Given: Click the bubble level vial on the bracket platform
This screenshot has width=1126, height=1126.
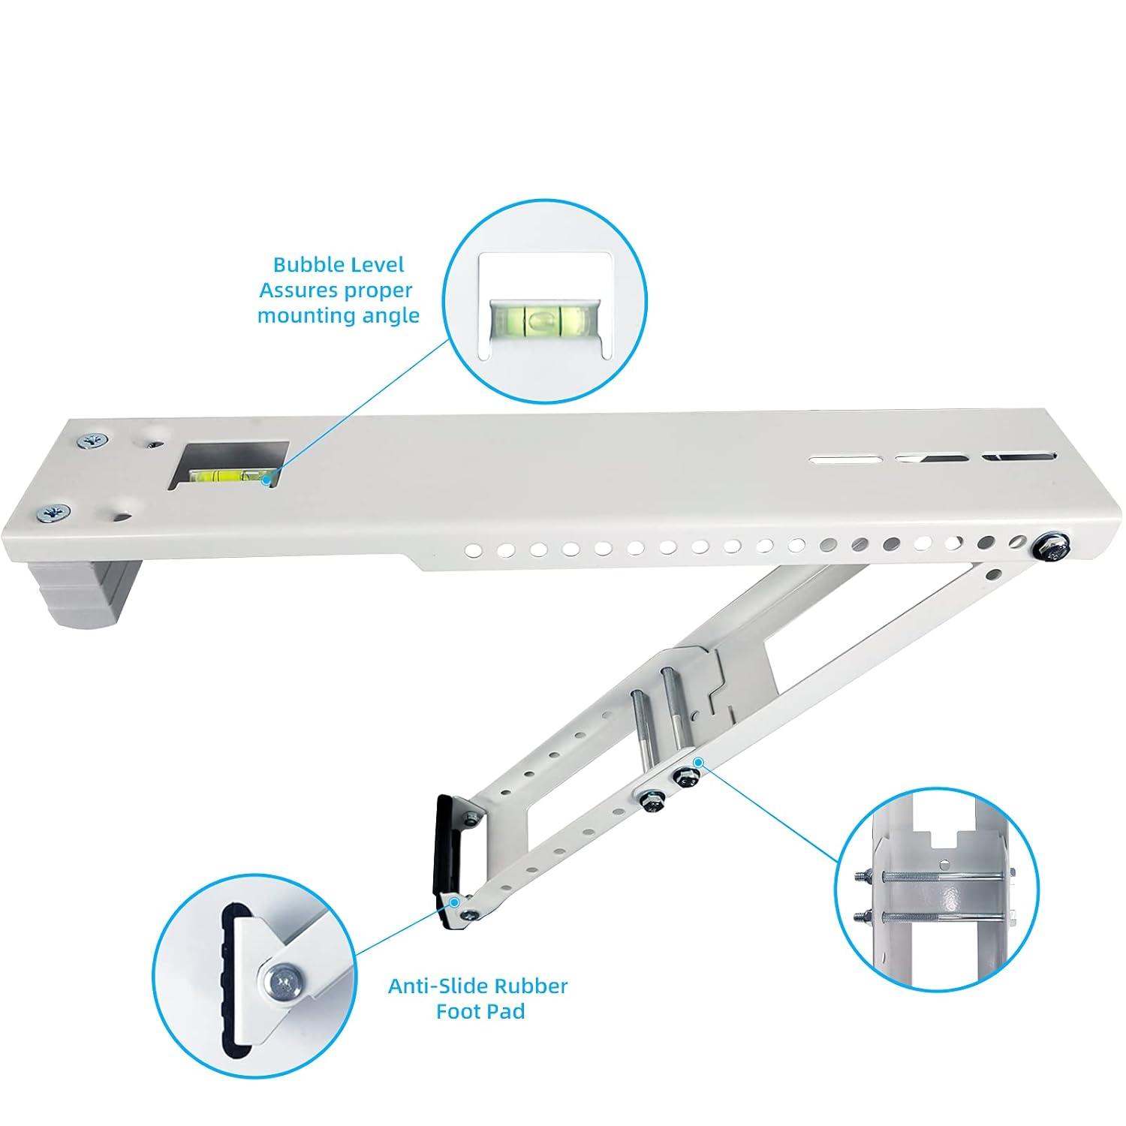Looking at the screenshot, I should coord(228,474).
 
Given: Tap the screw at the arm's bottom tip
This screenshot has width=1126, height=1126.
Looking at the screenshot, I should coord(468,914).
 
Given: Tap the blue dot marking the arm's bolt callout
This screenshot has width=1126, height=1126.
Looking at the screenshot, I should coord(697,763).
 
